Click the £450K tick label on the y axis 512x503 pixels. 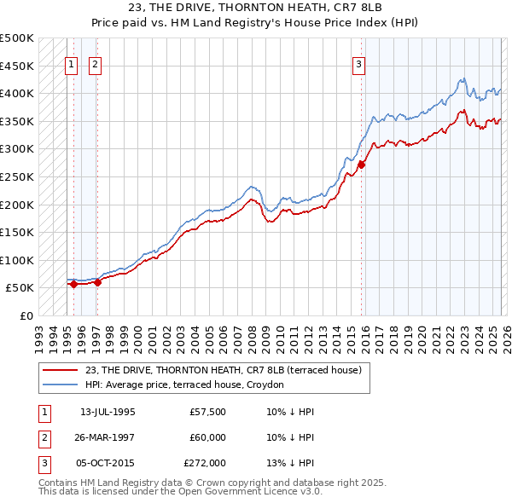[x=17, y=66]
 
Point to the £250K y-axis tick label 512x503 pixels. [x=17, y=176]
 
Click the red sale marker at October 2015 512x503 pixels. [x=361, y=165]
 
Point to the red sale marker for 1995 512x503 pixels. [x=74, y=284]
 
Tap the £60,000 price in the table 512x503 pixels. [x=208, y=437]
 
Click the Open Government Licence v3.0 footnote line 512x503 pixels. [x=180, y=491]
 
